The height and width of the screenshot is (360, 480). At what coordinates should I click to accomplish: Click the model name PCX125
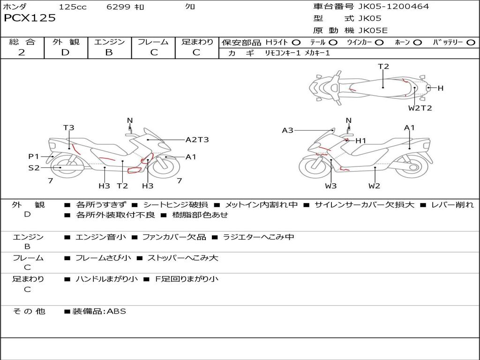click(x=30, y=18)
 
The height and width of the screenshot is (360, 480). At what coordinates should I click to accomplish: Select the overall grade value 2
click(x=22, y=52)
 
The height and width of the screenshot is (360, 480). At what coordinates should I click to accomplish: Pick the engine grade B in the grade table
click(x=109, y=52)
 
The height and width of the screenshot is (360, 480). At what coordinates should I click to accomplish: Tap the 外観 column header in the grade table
click(x=66, y=42)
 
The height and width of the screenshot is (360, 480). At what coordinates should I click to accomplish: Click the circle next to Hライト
click(x=296, y=42)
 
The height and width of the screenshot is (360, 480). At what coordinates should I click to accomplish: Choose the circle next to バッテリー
click(x=471, y=42)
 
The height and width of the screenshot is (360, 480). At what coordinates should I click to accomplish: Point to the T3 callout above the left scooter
click(x=69, y=127)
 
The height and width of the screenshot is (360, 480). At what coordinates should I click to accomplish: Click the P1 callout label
click(x=33, y=157)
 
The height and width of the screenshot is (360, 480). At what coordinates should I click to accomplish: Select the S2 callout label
click(x=34, y=167)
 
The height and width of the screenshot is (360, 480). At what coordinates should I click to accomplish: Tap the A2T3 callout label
click(x=197, y=140)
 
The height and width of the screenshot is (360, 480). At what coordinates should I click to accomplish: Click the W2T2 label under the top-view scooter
click(x=420, y=108)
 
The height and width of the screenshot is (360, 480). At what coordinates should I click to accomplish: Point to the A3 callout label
click(x=287, y=130)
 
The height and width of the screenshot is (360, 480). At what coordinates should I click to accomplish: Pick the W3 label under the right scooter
click(x=331, y=186)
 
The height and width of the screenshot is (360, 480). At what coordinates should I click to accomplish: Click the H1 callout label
click(x=360, y=141)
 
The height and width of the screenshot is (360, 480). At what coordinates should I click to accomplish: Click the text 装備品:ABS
click(x=99, y=311)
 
